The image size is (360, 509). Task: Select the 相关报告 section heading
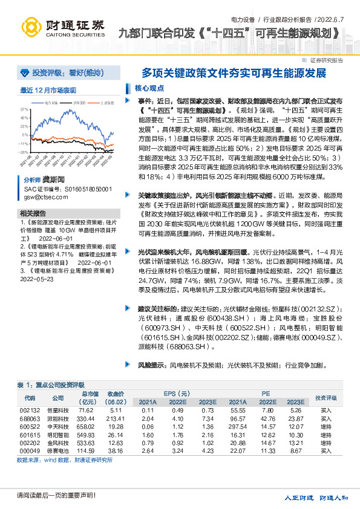pos(32,214)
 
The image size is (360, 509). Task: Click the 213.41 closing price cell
pos(116,418)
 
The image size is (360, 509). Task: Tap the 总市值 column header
pos(89,394)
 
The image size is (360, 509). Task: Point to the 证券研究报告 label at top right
pos(326,60)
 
